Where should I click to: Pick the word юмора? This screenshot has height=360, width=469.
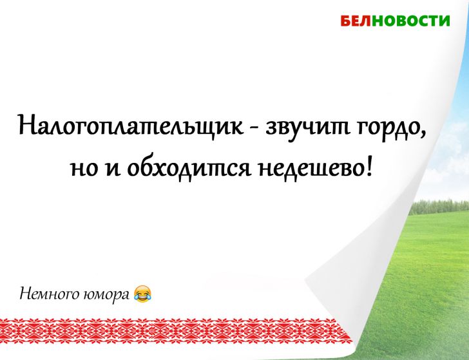click(x=106, y=296)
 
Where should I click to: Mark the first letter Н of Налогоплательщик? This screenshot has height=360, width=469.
click(x=28, y=122)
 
